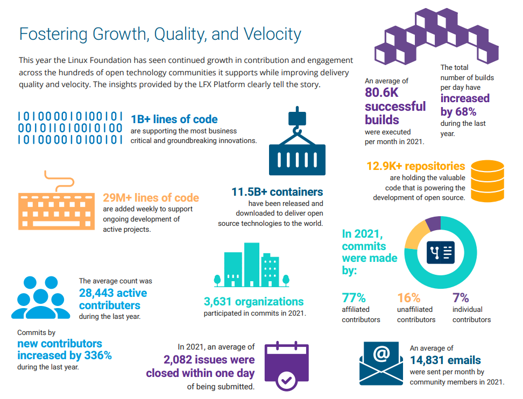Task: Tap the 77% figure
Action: (x=354, y=298)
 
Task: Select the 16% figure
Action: (x=408, y=298)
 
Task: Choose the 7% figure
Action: (x=461, y=298)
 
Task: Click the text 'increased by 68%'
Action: (x=465, y=104)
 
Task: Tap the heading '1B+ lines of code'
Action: (x=174, y=119)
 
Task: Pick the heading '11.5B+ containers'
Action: (x=277, y=192)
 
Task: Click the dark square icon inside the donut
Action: (x=441, y=252)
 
